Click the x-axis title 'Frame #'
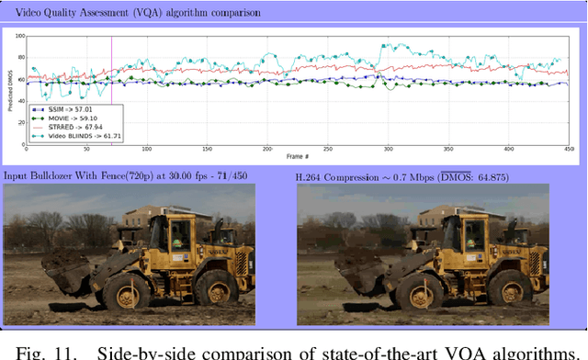coord(297,157)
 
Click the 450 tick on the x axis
coord(569,150)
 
